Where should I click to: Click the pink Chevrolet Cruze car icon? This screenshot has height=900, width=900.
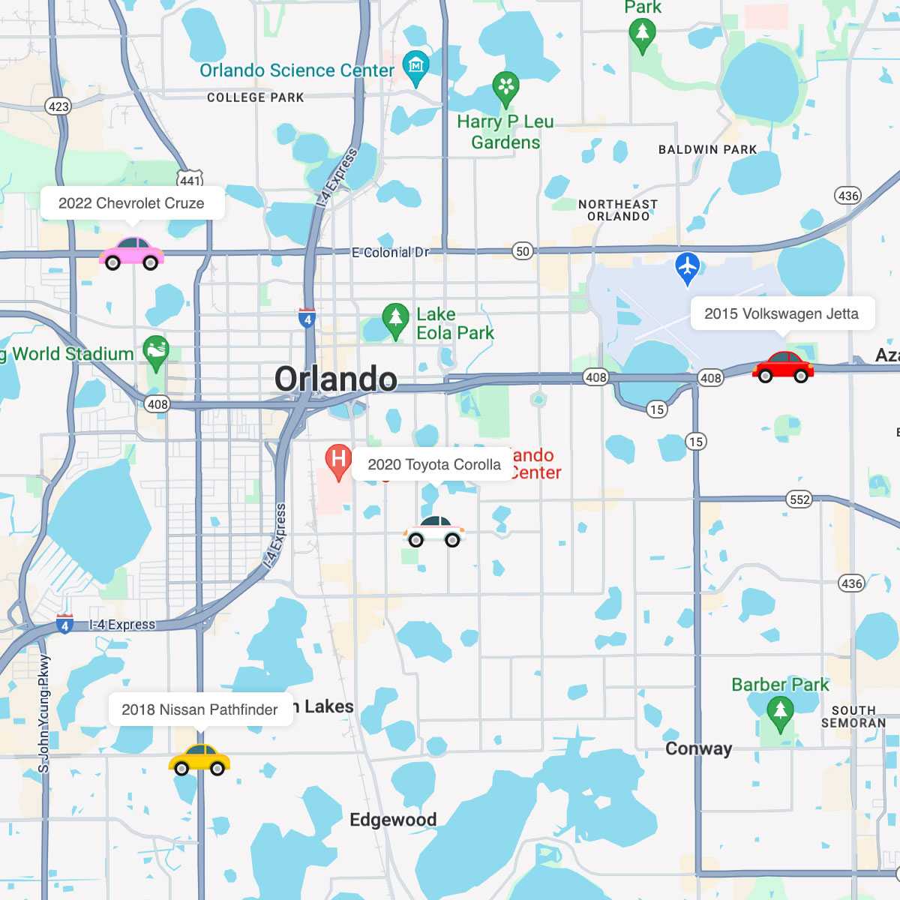coord(131,253)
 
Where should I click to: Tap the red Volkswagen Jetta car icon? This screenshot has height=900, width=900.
coord(783,367)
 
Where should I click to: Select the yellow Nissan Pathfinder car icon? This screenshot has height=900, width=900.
coord(199,760)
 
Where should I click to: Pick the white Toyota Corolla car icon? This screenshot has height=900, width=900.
coord(434,531)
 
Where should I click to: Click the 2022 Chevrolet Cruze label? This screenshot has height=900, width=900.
coord(132,203)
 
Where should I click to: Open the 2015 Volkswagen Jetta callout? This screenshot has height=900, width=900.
coord(781,313)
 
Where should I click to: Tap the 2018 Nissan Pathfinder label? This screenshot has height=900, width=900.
coord(199,709)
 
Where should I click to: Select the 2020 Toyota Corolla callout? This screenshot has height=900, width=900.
coord(434,464)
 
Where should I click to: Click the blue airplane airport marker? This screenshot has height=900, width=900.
coord(687,267)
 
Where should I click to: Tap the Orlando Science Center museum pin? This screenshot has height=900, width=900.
coord(415,66)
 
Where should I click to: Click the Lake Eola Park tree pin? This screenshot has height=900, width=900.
coord(395,319)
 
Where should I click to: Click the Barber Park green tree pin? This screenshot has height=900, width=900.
coord(780,712)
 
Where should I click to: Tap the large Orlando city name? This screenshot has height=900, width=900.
coord(335,379)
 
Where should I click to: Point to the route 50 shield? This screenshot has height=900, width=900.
coord(523,251)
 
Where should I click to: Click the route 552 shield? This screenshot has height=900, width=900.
coord(799,499)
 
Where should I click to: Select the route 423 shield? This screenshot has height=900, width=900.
coord(58,106)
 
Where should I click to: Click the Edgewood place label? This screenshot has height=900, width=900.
coord(393,820)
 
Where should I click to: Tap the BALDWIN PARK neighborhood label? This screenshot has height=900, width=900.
coord(707,149)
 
